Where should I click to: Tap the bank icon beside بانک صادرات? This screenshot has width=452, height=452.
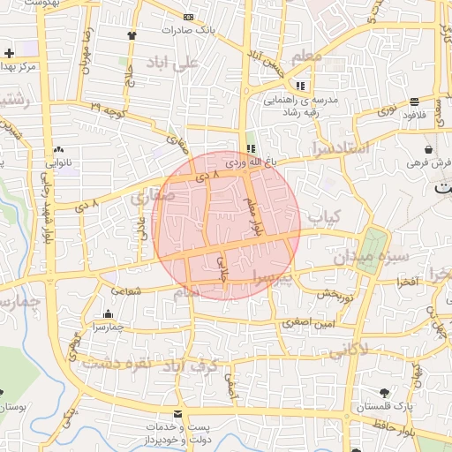tap(187, 18)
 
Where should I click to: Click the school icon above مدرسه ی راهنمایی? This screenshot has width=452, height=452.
tap(301, 86)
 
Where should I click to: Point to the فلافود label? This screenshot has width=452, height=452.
tap(415, 115)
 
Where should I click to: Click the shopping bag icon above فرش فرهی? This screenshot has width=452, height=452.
tap(428, 149)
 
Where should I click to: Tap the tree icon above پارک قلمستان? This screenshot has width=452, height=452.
tap(384, 392)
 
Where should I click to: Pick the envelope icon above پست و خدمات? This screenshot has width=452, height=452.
tap(178, 414)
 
